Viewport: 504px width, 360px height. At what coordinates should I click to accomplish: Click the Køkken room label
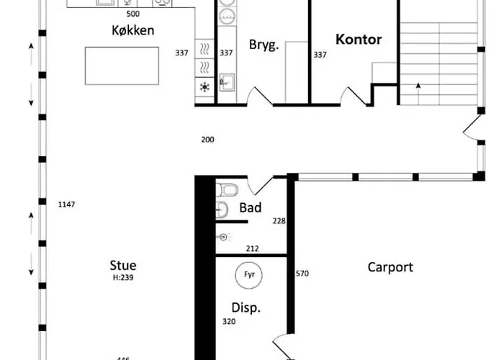click(133, 30)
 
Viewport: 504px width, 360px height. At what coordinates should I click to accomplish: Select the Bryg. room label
click(264, 45)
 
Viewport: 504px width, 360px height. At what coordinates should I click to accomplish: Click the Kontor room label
click(358, 39)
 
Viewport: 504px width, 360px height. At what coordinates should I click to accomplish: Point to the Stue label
click(123, 266)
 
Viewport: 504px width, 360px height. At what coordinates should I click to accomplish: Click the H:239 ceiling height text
click(123, 277)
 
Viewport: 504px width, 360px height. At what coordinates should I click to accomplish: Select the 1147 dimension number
click(66, 205)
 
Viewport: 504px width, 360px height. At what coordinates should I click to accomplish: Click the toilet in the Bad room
click(228, 190)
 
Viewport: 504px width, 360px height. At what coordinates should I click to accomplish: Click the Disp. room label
click(246, 307)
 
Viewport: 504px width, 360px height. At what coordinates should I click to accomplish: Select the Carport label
click(390, 267)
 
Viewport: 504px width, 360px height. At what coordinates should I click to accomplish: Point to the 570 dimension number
click(302, 274)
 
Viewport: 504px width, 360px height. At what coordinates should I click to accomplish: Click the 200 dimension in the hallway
click(207, 139)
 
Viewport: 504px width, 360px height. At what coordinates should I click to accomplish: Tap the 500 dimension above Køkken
click(133, 14)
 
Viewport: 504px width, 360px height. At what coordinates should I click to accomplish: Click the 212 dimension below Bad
click(252, 249)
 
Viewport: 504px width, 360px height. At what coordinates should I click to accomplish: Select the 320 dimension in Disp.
click(228, 322)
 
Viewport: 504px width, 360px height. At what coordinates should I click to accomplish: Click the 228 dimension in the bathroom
click(279, 221)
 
